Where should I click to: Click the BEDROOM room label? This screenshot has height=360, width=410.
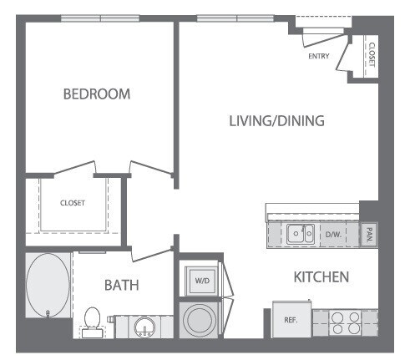click(x=97, y=94)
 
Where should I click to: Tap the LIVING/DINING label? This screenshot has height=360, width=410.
click(x=276, y=121)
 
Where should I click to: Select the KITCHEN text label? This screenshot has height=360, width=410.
click(x=320, y=276)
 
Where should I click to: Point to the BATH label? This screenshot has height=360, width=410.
click(x=121, y=285)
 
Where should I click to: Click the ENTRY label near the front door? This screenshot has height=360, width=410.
click(x=319, y=57)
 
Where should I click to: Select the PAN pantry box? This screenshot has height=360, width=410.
click(x=368, y=235)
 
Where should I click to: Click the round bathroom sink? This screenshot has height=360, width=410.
click(x=143, y=325)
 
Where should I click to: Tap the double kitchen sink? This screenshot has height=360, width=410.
click(x=300, y=235)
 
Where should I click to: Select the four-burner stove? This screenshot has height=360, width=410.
click(x=345, y=322)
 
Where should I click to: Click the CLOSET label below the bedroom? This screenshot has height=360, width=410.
click(x=72, y=203)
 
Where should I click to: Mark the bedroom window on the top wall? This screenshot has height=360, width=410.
click(x=100, y=18)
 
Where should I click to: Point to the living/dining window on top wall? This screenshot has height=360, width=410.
click(x=236, y=18)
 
